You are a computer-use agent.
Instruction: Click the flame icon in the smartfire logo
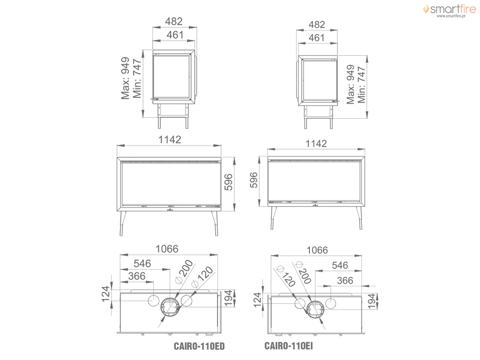coord(426,9)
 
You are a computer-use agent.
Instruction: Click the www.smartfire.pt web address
coord(451,16)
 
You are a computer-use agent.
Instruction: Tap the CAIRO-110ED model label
coord(199,346)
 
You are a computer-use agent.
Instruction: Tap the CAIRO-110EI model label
coord(289,346)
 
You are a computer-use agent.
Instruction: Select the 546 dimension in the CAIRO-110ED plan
coord(142,263)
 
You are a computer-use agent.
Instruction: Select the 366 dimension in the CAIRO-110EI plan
coord(345,280)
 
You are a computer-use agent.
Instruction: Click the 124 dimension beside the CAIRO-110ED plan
coord(105,294)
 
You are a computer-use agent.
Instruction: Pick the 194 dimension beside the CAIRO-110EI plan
coord(371,301)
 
